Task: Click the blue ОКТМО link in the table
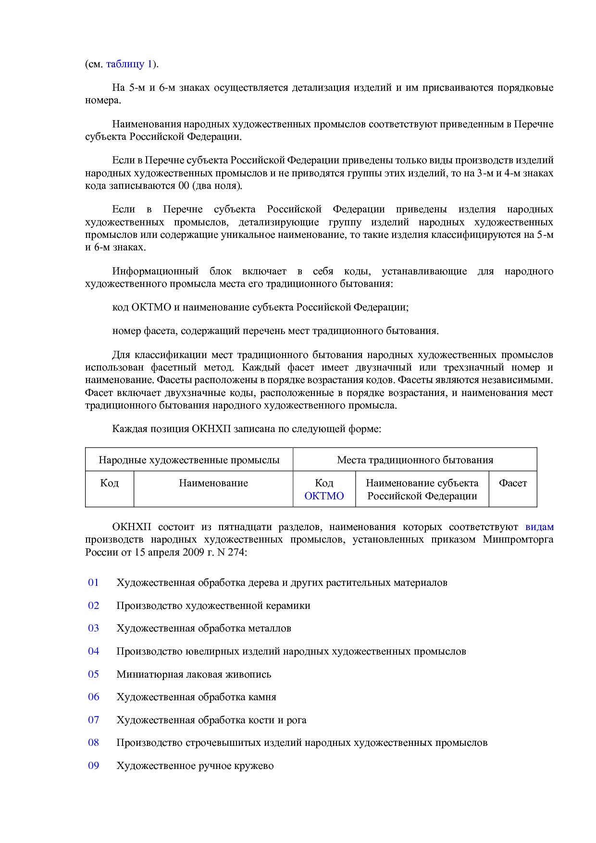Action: pyautogui.click(x=324, y=496)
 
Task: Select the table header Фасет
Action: pyautogui.click(x=512, y=483)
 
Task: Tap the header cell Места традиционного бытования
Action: pyautogui.click(x=415, y=460)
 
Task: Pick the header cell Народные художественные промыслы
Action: pyautogui.click(x=189, y=460)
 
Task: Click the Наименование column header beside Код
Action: pyautogui.click(x=213, y=483)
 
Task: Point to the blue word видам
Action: pyautogui.click(x=539, y=527)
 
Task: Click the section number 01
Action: pyautogui.click(x=93, y=583)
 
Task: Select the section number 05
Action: pyautogui.click(x=93, y=674)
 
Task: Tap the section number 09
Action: pyautogui.click(x=93, y=765)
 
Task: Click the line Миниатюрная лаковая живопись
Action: pyautogui.click(x=194, y=674)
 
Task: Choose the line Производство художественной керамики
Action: pyautogui.click(x=213, y=606)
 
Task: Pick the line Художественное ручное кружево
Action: pyautogui.click(x=195, y=766)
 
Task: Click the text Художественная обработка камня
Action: pyautogui.click(x=196, y=697)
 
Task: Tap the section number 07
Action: pyautogui.click(x=93, y=719)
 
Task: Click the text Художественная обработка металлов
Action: pyautogui.click(x=203, y=628)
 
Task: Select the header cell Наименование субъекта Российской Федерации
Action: pyautogui.click(x=422, y=489)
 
